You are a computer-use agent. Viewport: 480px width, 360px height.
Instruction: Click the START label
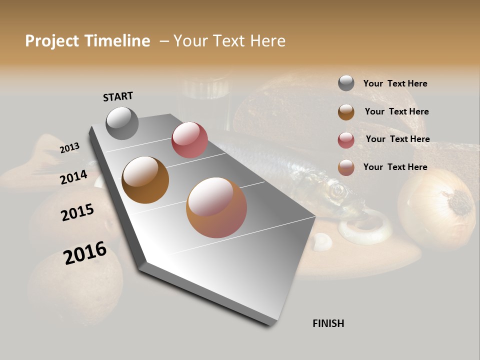118,96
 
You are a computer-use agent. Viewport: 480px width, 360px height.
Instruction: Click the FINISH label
328,323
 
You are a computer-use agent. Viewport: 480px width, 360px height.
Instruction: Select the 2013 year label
69,148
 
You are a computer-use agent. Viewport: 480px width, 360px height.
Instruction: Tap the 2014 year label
73,177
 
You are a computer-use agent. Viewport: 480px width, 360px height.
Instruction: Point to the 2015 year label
77,212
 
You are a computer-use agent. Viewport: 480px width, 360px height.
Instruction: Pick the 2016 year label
85,252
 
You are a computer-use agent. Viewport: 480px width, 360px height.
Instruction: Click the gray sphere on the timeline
122,123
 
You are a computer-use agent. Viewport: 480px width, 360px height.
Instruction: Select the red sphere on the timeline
189,139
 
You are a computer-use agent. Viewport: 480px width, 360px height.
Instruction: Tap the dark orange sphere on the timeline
145,180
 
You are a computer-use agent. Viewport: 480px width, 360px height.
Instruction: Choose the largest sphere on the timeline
216,207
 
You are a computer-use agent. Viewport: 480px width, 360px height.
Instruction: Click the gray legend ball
346,83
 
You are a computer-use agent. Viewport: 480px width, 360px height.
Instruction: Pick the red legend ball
346,140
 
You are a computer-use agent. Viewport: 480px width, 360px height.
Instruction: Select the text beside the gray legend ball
395,83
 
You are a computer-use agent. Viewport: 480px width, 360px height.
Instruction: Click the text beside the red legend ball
397,139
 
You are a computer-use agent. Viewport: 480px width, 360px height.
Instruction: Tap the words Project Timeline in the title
87,41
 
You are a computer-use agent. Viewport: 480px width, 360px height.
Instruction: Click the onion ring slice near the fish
365,227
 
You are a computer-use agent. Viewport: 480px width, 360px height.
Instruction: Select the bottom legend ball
346,167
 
